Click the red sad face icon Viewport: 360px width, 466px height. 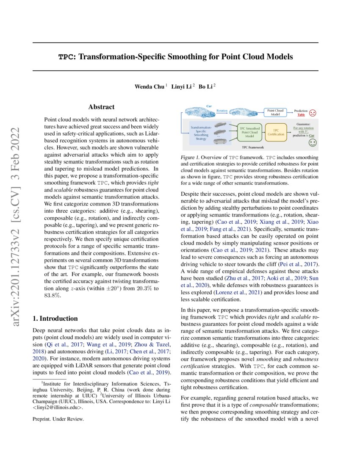click(313, 113)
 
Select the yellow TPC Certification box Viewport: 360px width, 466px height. click(276, 132)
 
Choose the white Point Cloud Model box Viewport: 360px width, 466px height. click(275, 112)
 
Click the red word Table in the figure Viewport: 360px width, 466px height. click(301, 115)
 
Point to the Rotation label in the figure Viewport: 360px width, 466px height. click(222, 111)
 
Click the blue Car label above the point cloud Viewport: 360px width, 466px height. click(209, 105)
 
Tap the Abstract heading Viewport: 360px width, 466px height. click(101, 107)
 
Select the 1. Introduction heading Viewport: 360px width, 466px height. click(55, 319)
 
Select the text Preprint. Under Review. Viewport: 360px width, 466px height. click(58, 419)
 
